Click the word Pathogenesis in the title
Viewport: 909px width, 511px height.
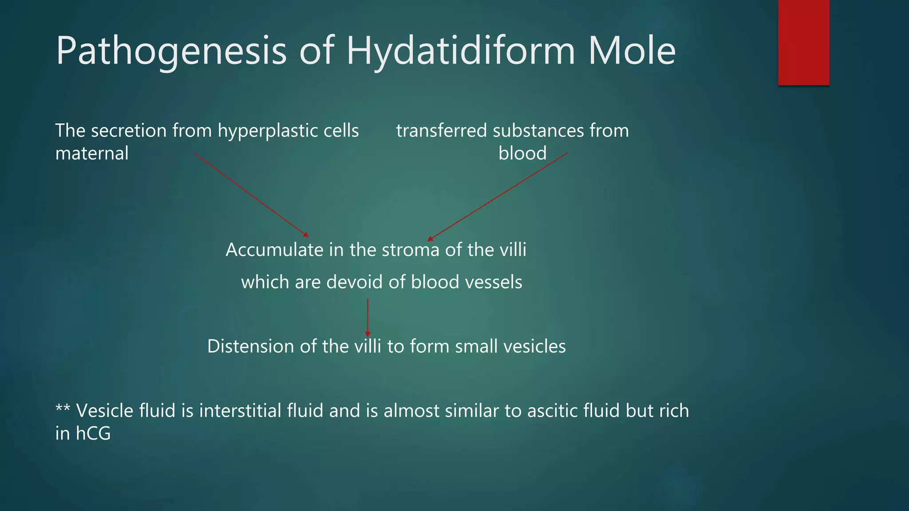point(171,51)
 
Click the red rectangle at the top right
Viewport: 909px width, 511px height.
point(803,43)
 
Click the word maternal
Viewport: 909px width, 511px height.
point(92,153)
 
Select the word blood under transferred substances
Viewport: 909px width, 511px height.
point(522,153)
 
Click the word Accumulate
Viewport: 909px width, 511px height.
point(274,250)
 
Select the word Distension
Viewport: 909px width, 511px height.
point(250,346)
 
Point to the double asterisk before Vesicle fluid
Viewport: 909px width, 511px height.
point(63,409)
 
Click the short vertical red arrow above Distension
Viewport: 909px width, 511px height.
point(368,317)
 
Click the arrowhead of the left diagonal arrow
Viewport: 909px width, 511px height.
point(306,235)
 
